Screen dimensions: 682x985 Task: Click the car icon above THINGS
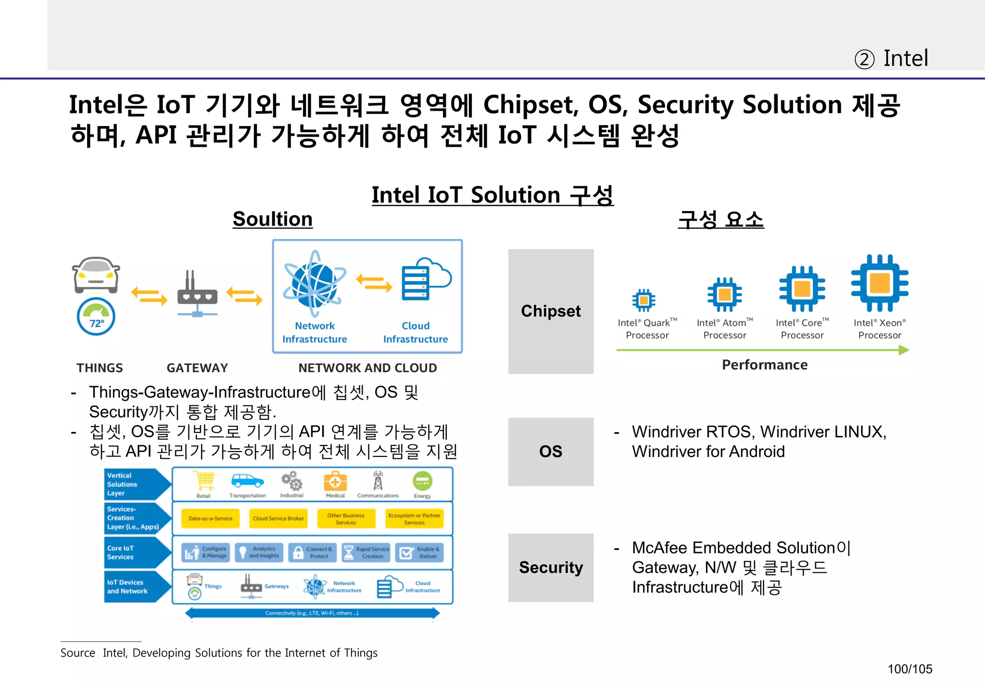(96, 275)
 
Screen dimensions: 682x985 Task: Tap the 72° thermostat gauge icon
(96, 317)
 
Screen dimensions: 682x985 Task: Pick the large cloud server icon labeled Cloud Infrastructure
(425, 279)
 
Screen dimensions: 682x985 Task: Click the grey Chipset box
(551, 311)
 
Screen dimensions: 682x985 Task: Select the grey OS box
(551, 452)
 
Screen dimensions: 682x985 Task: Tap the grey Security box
(551, 568)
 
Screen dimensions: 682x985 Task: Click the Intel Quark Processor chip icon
(644, 301)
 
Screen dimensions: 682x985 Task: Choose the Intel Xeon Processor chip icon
(880, 283)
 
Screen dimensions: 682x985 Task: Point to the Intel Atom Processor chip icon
(724, 294)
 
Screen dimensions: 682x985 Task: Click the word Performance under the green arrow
(765, 365)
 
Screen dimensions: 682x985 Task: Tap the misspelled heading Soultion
(273, 219)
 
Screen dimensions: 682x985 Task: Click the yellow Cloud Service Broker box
(278, 518)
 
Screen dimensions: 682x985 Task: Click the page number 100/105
(909, 669)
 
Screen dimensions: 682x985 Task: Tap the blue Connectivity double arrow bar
(312, 613)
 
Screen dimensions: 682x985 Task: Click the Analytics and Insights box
(259, 553)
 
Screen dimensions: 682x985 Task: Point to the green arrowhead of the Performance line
(904, 350)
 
